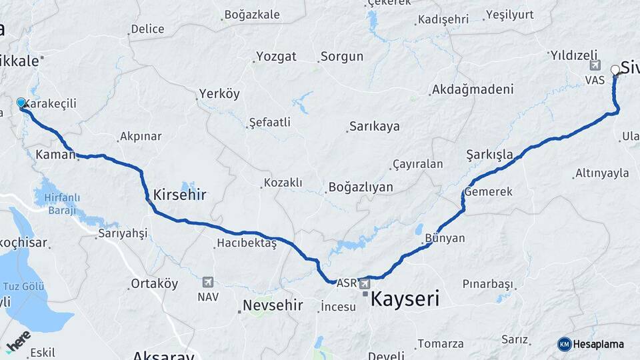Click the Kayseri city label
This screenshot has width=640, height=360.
(x=405, y=299)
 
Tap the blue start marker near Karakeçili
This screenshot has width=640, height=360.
(x=21, y=103)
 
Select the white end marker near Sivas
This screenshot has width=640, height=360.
(x=615, y=69)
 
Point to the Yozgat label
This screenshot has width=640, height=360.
(x=276, y=57)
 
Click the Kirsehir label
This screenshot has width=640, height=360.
(x=179, y=195)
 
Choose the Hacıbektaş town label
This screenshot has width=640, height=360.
(x=246, y=244)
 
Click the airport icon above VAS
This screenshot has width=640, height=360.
(x=595, y=65)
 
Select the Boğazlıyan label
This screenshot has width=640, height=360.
(x=361, y=187)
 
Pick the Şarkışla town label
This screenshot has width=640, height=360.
(x=489, y=155)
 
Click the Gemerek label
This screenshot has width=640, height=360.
(x=489, y=191)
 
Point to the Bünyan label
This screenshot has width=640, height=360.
(x=444, y=238)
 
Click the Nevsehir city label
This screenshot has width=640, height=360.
(x=272, y=305)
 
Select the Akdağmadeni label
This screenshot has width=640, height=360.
(x=473, y=89)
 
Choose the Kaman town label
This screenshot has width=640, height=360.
(x=55, y=155)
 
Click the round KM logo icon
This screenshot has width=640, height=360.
(x=565, y=344)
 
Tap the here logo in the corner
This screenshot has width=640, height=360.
(x=18, y=341)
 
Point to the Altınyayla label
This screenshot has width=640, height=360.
(x=601, y=173)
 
